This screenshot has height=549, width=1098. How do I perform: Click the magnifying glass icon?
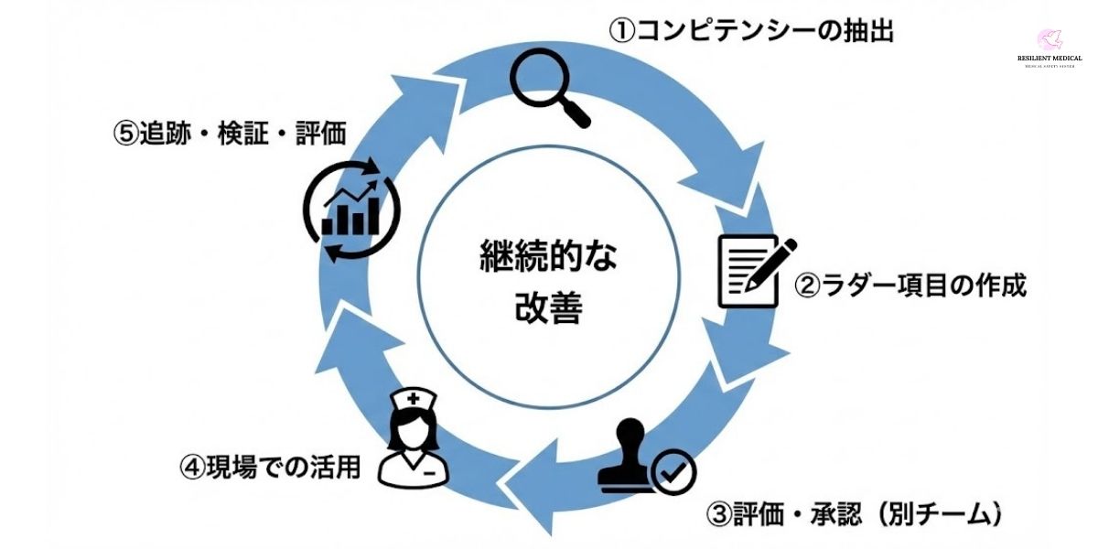(x=549, y=87)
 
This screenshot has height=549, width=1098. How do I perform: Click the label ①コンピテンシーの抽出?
(x=751, y=32)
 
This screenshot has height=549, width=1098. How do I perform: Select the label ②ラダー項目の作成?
(x=910, y=286)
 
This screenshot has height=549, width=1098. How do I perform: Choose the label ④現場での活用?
(x=270, y=468)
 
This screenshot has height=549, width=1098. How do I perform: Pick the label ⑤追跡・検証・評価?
(x=231, y=134)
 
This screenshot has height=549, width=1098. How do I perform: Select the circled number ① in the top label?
(x=622, y=32)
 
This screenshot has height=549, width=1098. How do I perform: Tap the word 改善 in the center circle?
(x=548, y=309)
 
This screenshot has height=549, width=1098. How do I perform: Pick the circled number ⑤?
(x=125, y=135)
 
